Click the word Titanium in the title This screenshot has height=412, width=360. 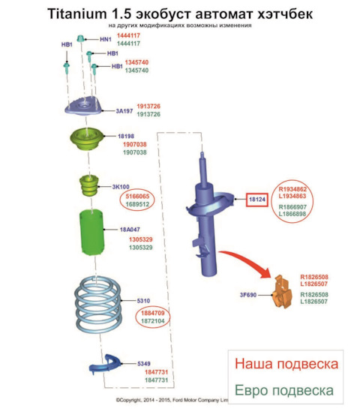77,14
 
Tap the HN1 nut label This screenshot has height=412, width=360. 106,40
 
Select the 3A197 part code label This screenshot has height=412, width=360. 124,111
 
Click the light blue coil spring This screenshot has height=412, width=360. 98,304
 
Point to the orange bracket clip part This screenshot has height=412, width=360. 282,292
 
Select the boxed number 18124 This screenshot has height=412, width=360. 257,200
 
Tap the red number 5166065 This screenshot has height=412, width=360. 137,197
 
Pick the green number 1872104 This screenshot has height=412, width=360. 153,321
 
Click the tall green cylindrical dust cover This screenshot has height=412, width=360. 91,233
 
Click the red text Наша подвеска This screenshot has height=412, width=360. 286,364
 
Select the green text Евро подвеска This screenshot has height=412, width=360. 284,390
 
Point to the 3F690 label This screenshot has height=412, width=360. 248,295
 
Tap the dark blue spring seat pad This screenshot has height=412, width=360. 105,364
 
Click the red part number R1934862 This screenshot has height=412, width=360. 292,189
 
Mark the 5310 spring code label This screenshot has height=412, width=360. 143,301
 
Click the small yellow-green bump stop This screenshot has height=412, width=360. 89,186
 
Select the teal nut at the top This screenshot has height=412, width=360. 81,38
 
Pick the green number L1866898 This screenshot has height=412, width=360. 292,214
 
